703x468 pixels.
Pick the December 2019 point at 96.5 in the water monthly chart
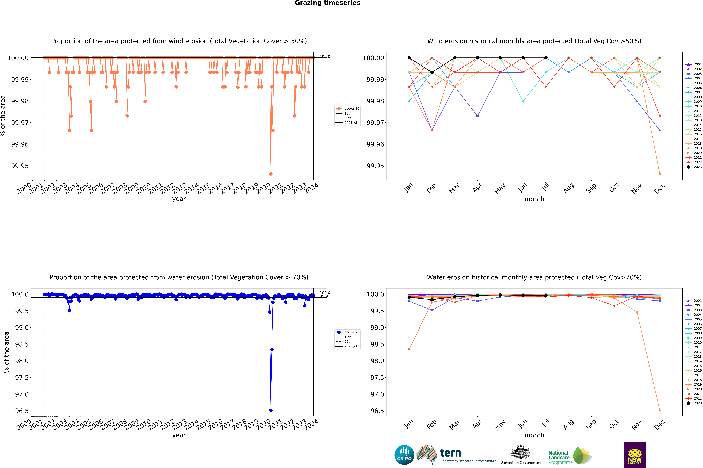click(x=660, y=410)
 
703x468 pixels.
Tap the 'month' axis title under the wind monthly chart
click(x=534, y=199)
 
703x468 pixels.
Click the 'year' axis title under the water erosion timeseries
click(x=179, y=435)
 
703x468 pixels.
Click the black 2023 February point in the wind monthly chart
click(x=432, y=72)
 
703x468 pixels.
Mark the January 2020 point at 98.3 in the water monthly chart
click(x=409, y=349)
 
